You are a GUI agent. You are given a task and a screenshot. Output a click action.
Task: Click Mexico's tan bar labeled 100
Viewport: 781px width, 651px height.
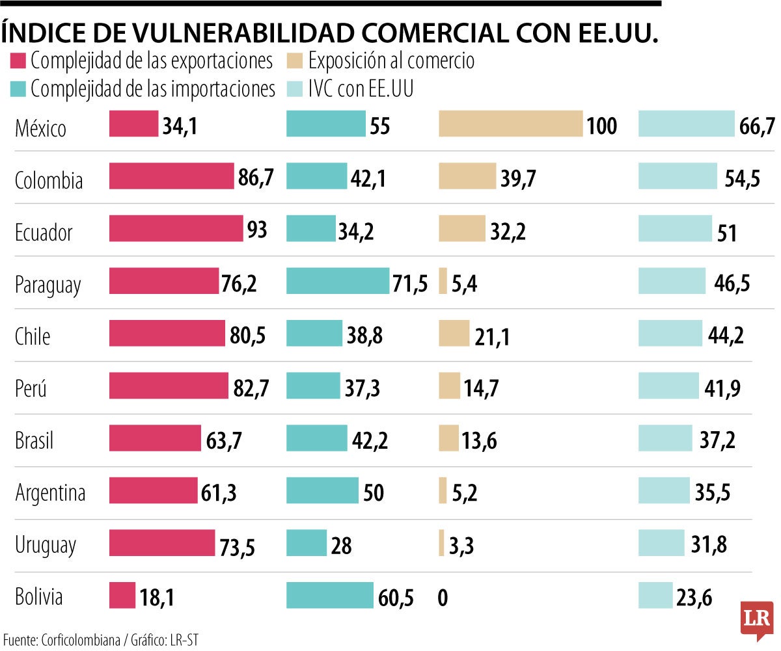pos(510,124)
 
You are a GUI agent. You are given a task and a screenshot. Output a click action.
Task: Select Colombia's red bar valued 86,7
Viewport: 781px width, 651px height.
pos(171,176)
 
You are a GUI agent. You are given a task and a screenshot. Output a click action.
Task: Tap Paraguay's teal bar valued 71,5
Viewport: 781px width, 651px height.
pos(338,281)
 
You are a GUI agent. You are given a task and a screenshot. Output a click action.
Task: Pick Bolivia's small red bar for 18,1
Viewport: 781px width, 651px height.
pos(122,595)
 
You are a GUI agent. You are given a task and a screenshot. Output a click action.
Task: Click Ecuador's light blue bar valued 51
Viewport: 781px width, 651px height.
pos(676,228)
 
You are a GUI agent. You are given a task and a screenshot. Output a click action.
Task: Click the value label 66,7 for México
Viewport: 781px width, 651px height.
pos(757,127)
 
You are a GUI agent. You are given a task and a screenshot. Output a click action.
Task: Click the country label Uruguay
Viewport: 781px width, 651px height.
pos(46,545)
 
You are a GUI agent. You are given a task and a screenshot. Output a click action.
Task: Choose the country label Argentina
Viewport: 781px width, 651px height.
pos(50,492)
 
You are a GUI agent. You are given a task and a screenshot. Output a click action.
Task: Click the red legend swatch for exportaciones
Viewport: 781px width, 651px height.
pos(18,62)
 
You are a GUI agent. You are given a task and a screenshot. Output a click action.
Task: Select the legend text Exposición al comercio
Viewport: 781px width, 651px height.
pos(391,62)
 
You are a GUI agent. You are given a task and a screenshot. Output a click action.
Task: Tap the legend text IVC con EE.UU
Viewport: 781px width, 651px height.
pos(361,89)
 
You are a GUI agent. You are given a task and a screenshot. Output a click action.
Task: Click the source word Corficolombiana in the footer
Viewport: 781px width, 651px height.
pos(82,639)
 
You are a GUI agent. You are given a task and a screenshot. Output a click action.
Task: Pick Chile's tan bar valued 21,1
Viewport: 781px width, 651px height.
pos(454,333)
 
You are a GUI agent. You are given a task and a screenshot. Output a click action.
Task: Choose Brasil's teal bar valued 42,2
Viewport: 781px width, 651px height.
pos(316,438)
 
